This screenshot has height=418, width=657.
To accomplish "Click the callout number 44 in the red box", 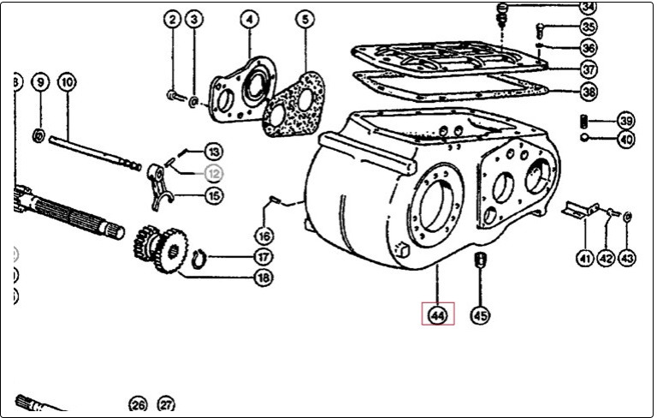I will coord(437,315).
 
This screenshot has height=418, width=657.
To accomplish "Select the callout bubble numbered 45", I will coord(481,315).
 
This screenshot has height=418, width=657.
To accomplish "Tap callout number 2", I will coord(173,19).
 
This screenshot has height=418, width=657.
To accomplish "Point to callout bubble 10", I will coord(68,82).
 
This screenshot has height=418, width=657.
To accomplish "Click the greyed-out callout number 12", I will coord(213,172).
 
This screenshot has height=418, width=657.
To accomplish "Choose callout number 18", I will coord(263,278).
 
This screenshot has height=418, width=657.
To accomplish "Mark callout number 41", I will coord(584,257).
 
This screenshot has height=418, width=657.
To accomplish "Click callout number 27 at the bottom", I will coord(166,404).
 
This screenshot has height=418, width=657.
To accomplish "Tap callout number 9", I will coord(38,82).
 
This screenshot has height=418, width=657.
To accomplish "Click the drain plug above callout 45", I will coord(480,260).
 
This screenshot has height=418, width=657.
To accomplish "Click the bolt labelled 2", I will coord(174,95).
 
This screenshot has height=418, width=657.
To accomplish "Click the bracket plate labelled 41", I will coord(579,210).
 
